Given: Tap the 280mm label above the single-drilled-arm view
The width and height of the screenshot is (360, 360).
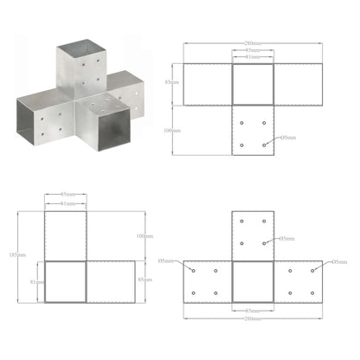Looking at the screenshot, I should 252,44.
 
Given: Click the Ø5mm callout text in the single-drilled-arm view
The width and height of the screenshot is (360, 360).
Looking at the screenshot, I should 287,137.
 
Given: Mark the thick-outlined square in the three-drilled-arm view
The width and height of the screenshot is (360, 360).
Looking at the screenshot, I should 252,281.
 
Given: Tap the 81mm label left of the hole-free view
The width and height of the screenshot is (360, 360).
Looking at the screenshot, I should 33,282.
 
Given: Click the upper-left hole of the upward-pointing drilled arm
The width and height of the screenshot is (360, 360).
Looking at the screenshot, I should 241,222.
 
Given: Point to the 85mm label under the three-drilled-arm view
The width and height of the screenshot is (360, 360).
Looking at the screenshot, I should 252,309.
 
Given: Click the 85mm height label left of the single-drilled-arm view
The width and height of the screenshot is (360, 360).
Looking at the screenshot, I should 177,84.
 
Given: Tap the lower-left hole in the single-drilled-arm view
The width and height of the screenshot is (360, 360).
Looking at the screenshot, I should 241,144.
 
